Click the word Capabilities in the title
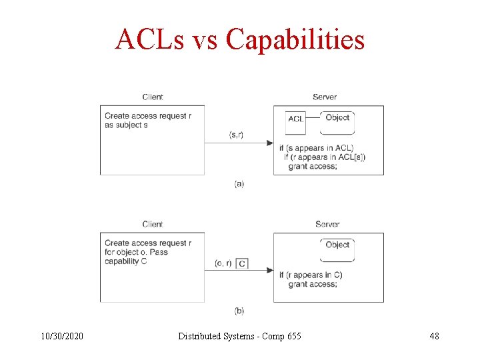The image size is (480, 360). pos(295,39)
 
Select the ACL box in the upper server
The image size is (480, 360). pos(295,119)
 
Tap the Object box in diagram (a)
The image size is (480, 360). pos(337,118)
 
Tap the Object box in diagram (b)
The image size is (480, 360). pos(337,245)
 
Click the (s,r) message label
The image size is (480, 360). pos(236,135)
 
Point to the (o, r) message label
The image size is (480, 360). pos(223,263)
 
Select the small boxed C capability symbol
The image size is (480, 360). pos(242,264)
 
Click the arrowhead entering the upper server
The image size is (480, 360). pos(269,143)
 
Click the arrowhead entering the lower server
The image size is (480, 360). pos(269,270)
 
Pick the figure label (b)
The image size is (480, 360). pos(239,311)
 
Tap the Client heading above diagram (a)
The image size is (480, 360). pos(153,97)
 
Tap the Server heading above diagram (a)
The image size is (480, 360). pos(325,97)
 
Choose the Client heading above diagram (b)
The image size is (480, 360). pos(153,224)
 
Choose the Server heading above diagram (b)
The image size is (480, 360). pos(327,224)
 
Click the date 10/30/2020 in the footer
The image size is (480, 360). pos(61,336)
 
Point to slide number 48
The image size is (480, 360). pos(434,336)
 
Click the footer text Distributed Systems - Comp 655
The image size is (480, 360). pos(239,336)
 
